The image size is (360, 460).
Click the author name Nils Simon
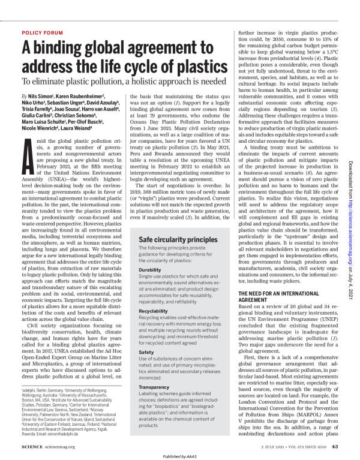click(x=40, y=95)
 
